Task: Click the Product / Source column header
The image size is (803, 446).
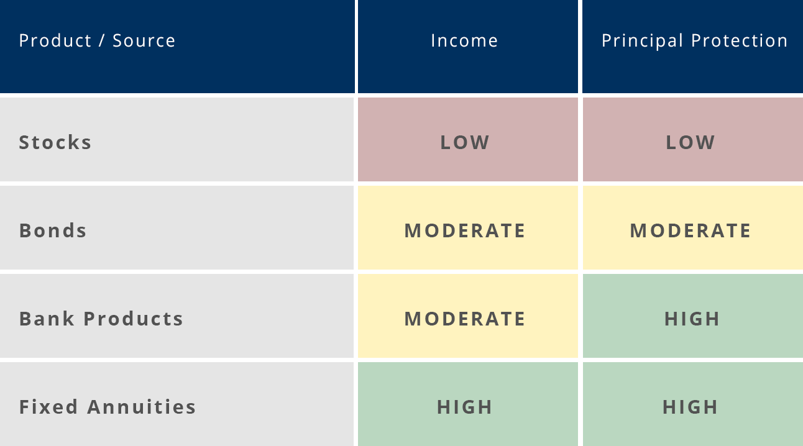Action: (x=97, y=40)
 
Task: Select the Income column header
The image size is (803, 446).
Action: (x=465, y=40)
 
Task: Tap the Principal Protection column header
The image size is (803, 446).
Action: (x=695, y=40)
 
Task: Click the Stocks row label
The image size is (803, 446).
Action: (x=55, y=142)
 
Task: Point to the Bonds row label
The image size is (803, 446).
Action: (x=53, y=230)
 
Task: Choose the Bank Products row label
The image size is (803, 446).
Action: (x=101, y=319)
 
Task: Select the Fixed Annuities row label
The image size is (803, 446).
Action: (x=108, y=407)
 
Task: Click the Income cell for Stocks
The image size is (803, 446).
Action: (x=468, y=139)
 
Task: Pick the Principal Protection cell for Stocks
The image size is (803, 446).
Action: (x=693, y=139)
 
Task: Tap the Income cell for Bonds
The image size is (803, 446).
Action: (x=468, y=227)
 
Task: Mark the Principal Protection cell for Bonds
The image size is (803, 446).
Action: (x=693, y=227)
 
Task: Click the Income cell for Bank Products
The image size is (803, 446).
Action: (x=468, y=316)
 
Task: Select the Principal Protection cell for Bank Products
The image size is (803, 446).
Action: (x=693, y=316)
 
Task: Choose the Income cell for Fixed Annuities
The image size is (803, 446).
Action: (x=468, y=404)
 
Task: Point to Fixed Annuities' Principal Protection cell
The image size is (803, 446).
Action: (x=693, y=404)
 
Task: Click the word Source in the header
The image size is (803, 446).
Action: (x=144, y=40)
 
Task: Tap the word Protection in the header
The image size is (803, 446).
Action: (x=740, y=40)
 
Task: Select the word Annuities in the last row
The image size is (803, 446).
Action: (x=142, y=407)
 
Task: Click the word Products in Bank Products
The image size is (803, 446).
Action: (x=134, y=319)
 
